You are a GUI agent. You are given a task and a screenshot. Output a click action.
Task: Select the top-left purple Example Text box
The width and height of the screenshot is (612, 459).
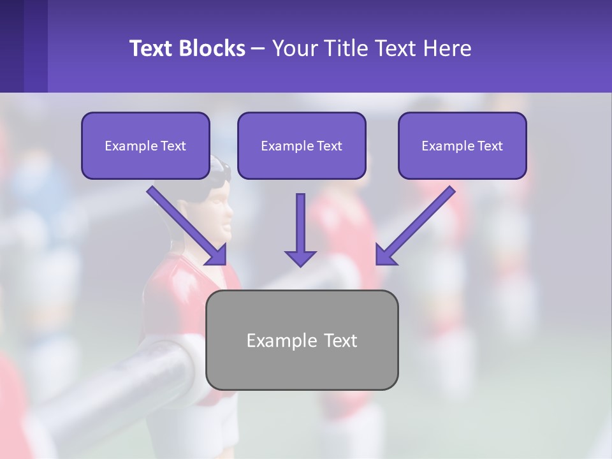click(145, 146)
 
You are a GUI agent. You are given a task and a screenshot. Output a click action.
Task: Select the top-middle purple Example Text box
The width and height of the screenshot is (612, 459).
click(302, 146)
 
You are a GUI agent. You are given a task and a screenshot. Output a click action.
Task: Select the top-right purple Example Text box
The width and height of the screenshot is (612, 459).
click(462, 146)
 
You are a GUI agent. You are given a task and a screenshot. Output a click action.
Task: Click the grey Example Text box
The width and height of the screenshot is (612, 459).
click(302, 340)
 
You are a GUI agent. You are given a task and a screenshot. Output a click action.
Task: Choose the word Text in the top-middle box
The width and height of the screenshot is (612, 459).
click(329, 146)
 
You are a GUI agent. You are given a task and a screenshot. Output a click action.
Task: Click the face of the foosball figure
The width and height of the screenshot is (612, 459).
click(219, 214)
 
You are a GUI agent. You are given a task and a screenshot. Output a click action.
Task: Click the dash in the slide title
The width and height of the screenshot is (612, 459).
click(258, 48)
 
